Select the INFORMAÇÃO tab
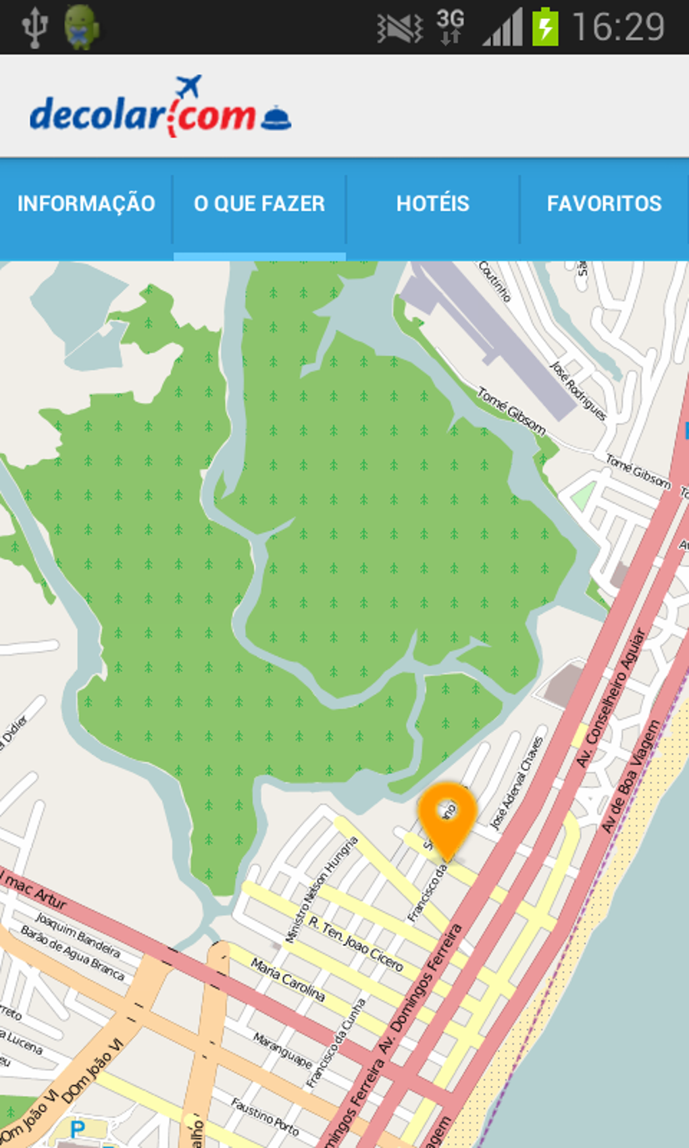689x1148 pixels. click(86, 204)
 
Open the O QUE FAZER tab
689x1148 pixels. click(259, 204)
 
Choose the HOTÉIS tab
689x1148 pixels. click(432, 204)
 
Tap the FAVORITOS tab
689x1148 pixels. click(604, 204)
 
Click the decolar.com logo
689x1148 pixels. click(160, 111)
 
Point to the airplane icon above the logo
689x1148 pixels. click(188, 86)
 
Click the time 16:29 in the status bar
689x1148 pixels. click(618, 28)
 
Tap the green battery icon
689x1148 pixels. click(545, 27)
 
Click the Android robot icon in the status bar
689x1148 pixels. click(82, 27)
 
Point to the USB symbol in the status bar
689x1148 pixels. click(34, 27)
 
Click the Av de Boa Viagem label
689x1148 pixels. click(630, 777)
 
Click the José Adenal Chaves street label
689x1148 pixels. click(517, 783)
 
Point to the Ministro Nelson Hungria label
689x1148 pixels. click(321, 889)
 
